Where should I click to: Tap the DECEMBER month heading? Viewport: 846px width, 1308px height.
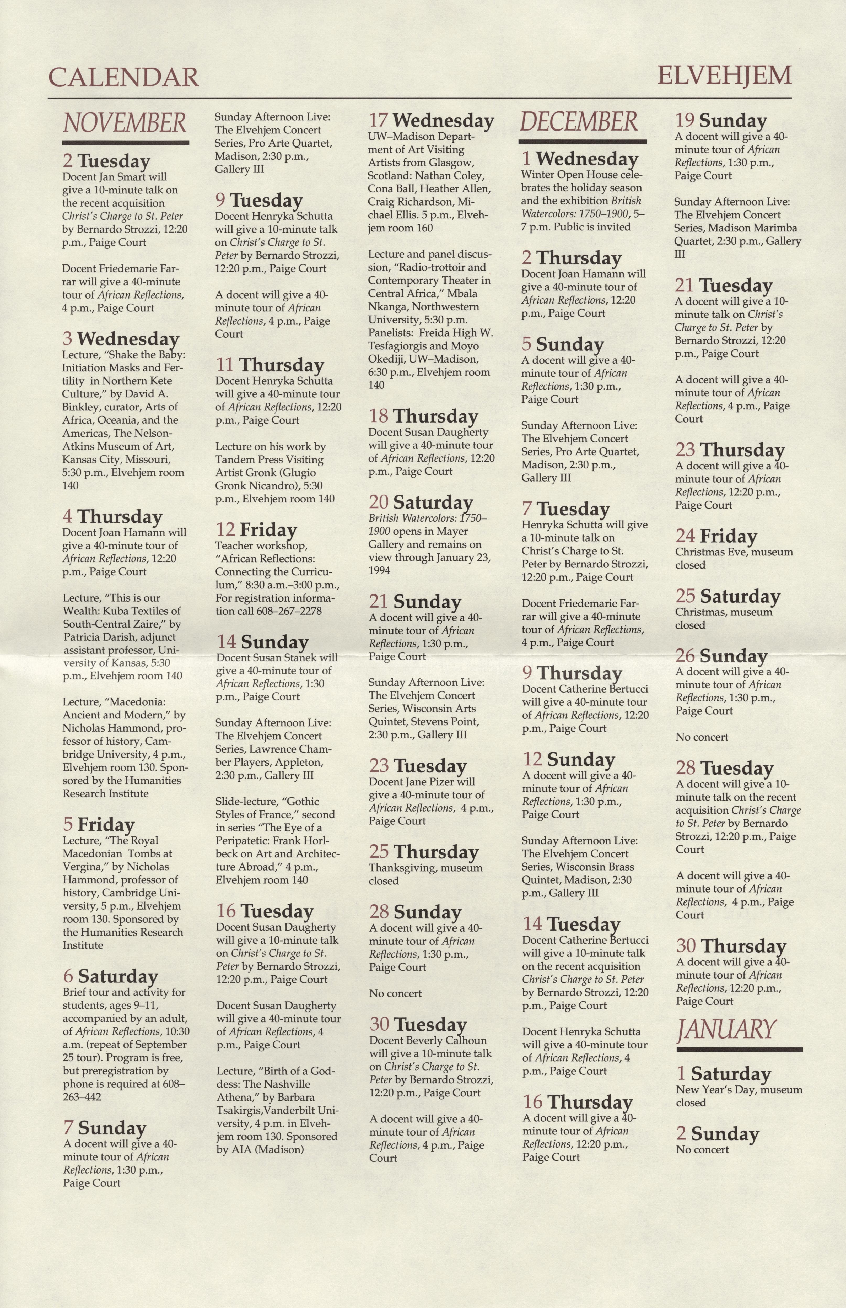[579, 121]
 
